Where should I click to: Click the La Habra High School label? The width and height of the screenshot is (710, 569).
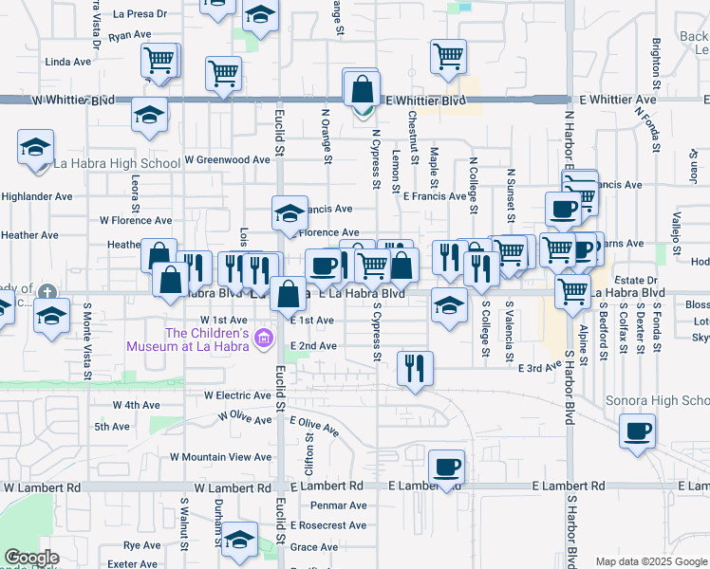point(118,163)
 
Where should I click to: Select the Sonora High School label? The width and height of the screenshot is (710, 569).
point(657,400)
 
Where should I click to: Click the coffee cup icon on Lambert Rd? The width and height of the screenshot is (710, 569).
point(446,468)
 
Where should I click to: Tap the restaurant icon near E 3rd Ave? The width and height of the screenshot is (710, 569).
point(414,367)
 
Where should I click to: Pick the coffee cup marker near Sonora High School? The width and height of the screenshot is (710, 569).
point(637,431)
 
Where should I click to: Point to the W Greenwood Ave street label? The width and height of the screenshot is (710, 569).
point(228,160)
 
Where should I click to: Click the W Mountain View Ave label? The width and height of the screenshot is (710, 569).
point(220,457)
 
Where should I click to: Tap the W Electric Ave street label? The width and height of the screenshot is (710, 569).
point(237,395)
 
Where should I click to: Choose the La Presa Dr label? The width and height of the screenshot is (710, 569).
point(140,14)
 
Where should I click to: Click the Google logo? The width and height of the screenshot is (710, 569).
point(31,559)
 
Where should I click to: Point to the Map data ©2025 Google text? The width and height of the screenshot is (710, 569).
point(650,561)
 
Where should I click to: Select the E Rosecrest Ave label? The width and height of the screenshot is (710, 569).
point(328,525)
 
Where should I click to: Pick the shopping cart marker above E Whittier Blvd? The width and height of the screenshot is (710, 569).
point(448,56)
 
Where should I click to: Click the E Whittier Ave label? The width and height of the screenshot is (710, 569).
point(617,100)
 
